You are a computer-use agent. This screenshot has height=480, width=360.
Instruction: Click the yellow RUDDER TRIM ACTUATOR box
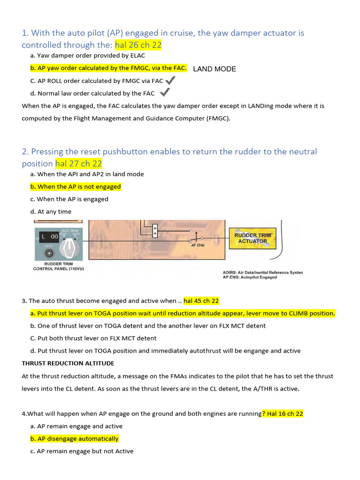click(253, 238)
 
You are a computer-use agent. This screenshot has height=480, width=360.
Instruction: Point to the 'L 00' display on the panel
click(50, 237)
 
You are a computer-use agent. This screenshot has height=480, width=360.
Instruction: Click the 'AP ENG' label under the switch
click(197, 245)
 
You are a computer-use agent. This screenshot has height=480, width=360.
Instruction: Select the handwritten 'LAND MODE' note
click(214, 69)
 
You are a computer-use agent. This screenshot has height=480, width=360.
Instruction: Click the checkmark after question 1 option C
click(171, 81)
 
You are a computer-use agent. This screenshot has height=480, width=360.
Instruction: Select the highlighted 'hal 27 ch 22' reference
click(78, 164)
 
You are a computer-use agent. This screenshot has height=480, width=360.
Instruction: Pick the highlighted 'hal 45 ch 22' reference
click(201, 301)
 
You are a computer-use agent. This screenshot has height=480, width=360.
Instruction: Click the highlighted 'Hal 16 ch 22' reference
click(284, 413)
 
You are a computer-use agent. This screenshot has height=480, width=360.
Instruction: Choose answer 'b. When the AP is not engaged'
click(75, 187)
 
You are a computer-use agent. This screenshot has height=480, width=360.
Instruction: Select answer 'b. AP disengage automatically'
click(74, 439)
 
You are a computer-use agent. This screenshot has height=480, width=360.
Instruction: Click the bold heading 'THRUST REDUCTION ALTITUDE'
click(68, 363)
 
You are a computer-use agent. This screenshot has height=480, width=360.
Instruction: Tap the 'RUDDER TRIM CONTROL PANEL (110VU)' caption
click(59, 266)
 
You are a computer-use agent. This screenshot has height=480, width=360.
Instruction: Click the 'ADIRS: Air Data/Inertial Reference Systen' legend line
click(262, 272)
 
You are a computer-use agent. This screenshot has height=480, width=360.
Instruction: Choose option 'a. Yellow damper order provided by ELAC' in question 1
click(84, 56)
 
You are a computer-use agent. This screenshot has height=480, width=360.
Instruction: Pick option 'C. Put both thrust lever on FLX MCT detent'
click(93, 338)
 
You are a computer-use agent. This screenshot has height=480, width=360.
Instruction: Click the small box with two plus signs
click(155, 230)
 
